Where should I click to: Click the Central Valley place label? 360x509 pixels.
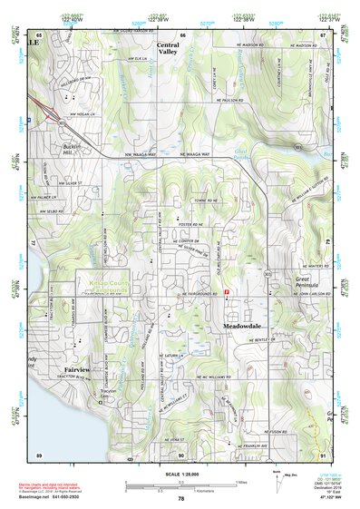pos(168,49)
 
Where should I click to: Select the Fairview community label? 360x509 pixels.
pos(77,370)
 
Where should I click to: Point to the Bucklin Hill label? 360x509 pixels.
pos(73,148)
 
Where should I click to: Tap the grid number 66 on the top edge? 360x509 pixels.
pos(180,34)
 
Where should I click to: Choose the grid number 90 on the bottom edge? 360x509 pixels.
pos(180,455)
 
